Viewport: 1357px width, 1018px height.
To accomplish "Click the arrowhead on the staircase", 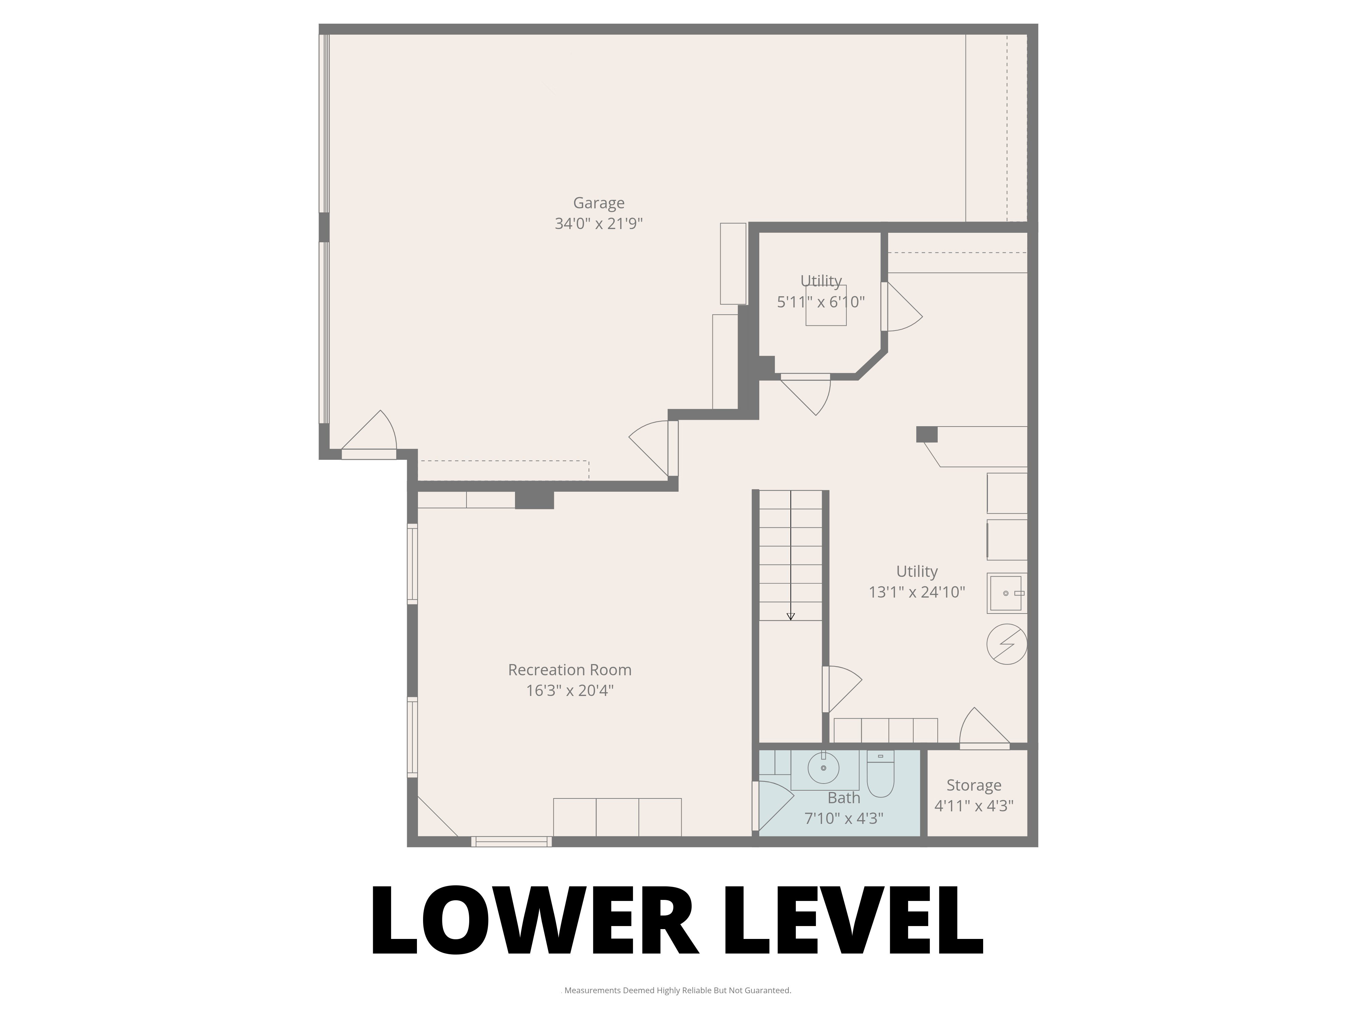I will point(791,617).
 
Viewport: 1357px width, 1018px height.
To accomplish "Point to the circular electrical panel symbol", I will point(1007,644).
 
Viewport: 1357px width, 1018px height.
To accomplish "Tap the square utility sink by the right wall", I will point(1006,593).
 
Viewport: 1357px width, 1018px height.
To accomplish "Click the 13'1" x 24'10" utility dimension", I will point(917,592).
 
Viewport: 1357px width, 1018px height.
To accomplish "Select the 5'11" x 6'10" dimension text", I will point(821,302).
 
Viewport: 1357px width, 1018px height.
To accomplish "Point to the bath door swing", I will point(774,804).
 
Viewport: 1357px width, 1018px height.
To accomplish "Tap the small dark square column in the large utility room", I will point(926,434).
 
